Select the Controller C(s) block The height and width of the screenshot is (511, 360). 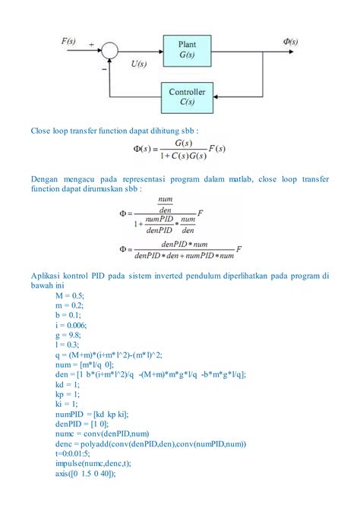tap(187, 96)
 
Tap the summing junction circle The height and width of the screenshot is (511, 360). tap(112, 50)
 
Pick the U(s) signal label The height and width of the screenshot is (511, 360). tap(139, 65)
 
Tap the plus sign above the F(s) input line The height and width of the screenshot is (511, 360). tap(93, 44)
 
